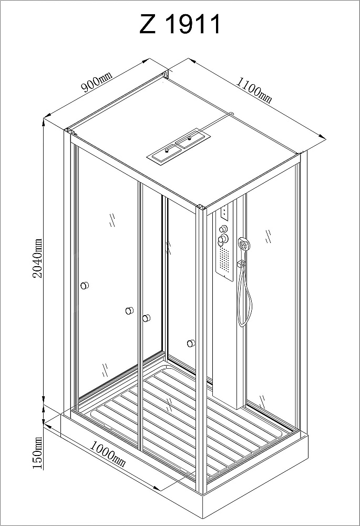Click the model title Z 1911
click(180, 24)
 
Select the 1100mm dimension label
click(254, 89)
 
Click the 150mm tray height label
click(38, 453)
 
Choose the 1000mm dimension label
click(108, 454)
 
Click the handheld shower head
click(244, 244)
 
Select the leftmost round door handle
click(85, 286)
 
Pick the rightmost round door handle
click(191, 343)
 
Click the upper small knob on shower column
click(223, 229)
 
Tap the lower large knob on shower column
click(223, 239)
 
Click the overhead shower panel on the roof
click(179, 146)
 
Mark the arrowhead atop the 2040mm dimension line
click(44, 122)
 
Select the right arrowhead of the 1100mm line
click(323, 137)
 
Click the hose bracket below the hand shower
click(240, 265)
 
